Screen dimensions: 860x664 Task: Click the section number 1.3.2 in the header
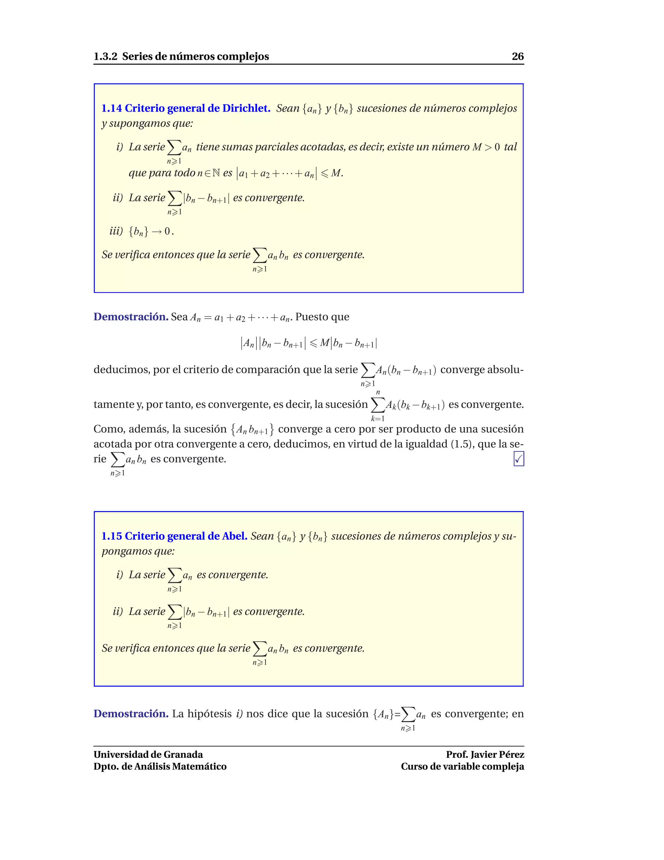click(105, 57)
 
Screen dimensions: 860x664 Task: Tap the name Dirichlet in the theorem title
click(246, 108)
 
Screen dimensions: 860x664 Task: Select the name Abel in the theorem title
click(234, 536)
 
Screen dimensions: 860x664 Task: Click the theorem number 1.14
click(112, 108)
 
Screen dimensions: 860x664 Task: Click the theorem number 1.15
click(112, 536)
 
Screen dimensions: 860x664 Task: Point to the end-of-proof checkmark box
click(518, 459)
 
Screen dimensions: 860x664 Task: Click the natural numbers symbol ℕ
click(216, 173)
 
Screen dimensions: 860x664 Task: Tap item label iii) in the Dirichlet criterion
click(116, 231)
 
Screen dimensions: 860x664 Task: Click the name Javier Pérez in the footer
click(497, 755)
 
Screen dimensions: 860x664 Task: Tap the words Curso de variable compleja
click(462, 767)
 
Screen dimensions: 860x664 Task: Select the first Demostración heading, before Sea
click(131, 317)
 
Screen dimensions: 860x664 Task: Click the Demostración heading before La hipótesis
click(131, 714)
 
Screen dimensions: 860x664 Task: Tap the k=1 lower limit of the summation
click(378, 419)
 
